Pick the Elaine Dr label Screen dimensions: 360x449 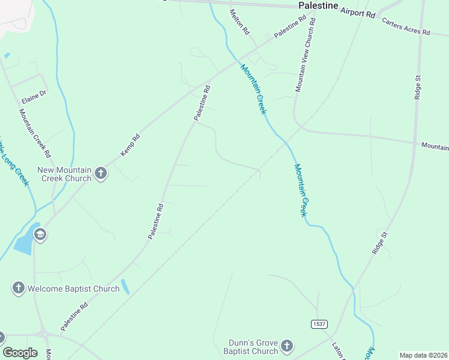[34, 94]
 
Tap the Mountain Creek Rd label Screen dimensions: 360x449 [35, 133]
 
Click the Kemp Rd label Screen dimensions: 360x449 [130, 145]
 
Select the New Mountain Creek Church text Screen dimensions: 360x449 [64, 174]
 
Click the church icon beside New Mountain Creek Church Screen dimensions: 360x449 [101, 174]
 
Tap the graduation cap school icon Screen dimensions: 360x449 [40, 234]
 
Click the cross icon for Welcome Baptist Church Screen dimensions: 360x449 [18, 289]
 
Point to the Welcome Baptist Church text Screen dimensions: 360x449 [73, 289]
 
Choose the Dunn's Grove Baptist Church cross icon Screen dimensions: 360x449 [287, 346]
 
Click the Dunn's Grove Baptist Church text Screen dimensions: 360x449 [251, 346]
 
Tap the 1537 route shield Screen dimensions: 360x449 [319, 324]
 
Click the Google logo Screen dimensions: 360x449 [20, 352]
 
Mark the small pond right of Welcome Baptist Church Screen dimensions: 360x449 [125, 286]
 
